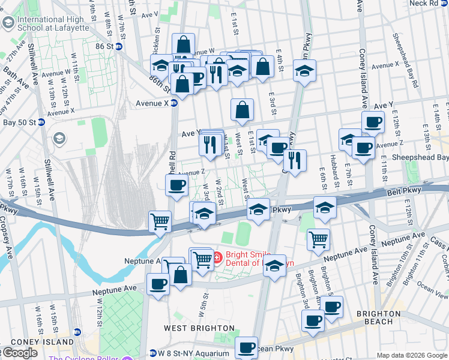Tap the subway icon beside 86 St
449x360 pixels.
(x=119, y=46)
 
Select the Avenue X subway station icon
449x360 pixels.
(x=174, y=103)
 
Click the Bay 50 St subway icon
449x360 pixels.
(x=42, y=122)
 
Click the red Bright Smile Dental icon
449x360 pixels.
(x=217, y=259)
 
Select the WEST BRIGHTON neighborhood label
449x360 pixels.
(x=199, y=328)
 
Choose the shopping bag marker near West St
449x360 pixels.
(x=242, y=110)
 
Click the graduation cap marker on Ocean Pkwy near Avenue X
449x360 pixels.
(x=305, y=71)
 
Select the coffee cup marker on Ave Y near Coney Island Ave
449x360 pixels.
(x=373, y=122)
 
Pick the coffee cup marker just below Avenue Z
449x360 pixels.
(x=176, y=185)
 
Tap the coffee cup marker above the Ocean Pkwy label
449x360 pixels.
(x=246, y=346)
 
